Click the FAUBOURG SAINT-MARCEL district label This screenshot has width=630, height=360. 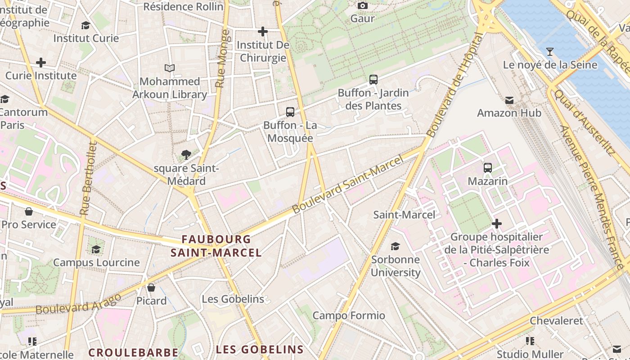[216, 246]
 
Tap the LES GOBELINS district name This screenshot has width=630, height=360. [260, 349]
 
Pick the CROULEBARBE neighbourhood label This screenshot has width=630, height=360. [133, 352]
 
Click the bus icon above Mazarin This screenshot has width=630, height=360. [487, 168]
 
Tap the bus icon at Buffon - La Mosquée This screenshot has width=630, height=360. [290, 112]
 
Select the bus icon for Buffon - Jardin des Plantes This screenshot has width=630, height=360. [373, 80]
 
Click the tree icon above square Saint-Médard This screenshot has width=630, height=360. [186, 155]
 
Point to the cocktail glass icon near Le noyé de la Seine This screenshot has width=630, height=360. [549, 51]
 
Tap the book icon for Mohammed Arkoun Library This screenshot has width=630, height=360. [170, 68]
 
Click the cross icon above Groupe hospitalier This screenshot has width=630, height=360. [496, 223]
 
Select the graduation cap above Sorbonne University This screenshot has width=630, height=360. [395, 246]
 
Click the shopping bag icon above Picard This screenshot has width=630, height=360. [151, 287]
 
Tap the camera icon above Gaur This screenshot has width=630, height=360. [362, 5]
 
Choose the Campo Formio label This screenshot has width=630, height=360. [349, 315]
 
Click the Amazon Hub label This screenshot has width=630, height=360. [509, 112]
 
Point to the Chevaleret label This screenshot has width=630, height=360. [556, 321]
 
